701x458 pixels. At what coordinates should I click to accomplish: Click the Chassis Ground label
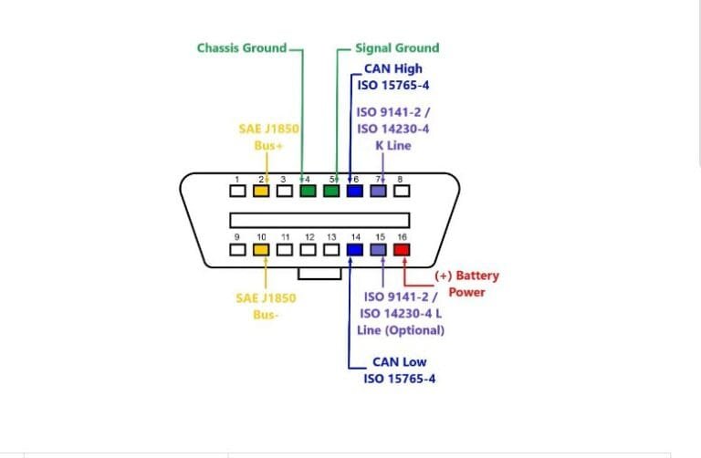242,47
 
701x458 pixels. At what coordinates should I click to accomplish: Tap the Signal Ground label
396,47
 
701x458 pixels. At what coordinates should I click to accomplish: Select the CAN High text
392,68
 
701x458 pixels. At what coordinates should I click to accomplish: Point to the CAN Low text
399,362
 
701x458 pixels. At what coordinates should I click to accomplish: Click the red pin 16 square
403,248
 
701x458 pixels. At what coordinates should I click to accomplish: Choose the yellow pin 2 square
261,191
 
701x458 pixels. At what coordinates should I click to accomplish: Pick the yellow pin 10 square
261,248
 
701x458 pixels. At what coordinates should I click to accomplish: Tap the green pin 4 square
308,191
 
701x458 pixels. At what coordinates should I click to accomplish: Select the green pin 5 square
331,191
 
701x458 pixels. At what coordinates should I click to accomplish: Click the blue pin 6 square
355,191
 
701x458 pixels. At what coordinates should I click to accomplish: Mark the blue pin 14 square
355,248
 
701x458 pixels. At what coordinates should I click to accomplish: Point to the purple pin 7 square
379,191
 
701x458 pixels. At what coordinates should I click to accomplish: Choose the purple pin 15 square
379,248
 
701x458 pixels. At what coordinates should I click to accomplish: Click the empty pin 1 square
237,191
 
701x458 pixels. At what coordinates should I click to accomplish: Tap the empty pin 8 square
403,191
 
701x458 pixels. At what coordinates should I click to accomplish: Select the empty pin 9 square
237,248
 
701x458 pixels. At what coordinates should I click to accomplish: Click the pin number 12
309,236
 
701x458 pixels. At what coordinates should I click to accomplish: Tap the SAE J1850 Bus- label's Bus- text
266,315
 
